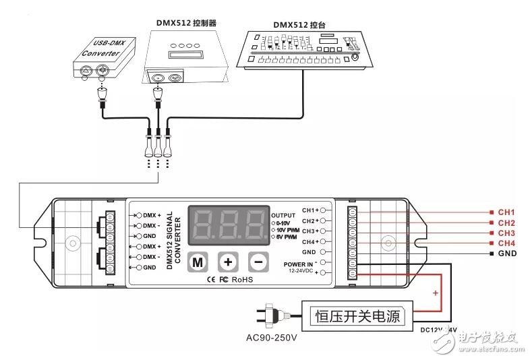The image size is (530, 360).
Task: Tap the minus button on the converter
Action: (x=258, y=262)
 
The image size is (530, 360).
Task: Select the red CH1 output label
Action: (x=506, y=212)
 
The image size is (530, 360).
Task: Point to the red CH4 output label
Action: (x=506, y=243)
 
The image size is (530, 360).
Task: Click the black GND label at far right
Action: (x=506, y=253)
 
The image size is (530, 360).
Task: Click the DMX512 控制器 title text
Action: (x=183, y=22)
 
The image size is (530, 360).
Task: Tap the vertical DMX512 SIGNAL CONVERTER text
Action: (x=174, y=239)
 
